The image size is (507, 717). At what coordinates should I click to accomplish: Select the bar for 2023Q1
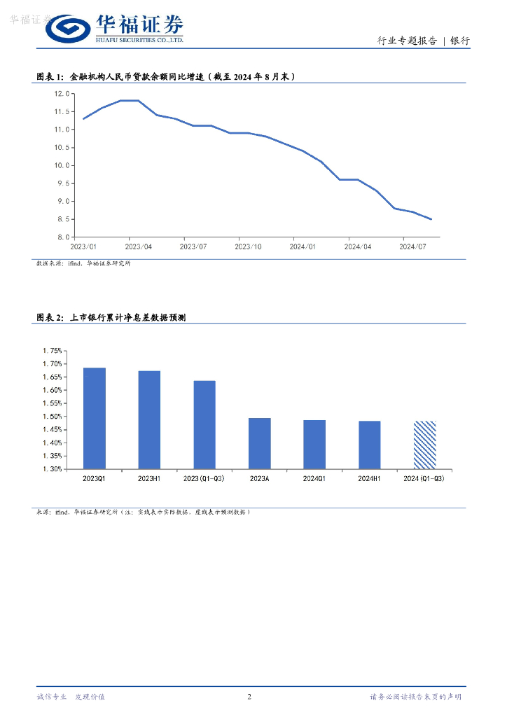click(94, 418)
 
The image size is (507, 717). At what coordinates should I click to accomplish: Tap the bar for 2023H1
click(149, 419)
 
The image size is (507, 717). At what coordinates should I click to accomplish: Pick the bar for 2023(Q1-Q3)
click(204, 424)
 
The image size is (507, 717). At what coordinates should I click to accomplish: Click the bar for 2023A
click(259, 443)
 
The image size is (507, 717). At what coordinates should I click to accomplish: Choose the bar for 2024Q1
click(314, 444)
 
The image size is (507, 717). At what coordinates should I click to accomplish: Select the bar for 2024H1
click(369, 445)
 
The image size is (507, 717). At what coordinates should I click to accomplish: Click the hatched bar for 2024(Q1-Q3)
click(424, 445)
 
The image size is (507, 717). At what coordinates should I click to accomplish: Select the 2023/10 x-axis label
click(248, 247)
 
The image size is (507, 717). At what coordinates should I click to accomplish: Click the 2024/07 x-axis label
click(412, 247)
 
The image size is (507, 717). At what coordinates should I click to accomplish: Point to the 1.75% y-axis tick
click(53, 351)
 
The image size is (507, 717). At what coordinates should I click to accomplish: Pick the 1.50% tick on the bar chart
click(53, 417)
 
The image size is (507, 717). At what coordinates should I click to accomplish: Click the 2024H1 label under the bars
click(369, 478)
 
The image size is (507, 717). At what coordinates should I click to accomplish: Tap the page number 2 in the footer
click(250, 697)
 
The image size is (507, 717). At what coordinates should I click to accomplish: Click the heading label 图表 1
click(50, 76)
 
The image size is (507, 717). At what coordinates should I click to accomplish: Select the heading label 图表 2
click(50, 317)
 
